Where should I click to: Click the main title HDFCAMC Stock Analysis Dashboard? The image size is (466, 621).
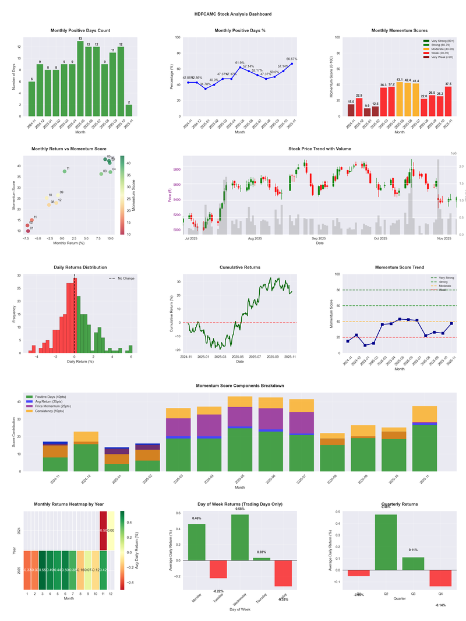pyautogui.click(x=233, y=14)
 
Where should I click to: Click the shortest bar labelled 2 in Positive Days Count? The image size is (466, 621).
pyautogui.click(x=129, y=110)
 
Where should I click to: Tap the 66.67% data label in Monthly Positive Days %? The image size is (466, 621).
pyautogui.click(x=291, y=59)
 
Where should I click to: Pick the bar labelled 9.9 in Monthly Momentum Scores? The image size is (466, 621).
pyautogui.click(x=367, y=112)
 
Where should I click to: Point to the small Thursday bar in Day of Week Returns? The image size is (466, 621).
pyautogui.click(x=262, y=559)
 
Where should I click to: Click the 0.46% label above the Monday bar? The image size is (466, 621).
pyautogui.click(x=197, y=518)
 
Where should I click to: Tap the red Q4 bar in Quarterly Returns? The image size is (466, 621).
pyautogui.click(x=440, y=578)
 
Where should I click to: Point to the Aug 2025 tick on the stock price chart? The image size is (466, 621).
pyautogui.click(x=255, y=238)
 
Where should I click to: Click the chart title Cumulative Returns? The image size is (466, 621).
pyautogui.click(x=240, y=267)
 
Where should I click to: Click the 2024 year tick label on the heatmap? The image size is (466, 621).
pyautogui.click(x=19, y=531)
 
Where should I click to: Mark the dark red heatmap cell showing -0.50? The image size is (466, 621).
pyautogui.click(x=103, y=531)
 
